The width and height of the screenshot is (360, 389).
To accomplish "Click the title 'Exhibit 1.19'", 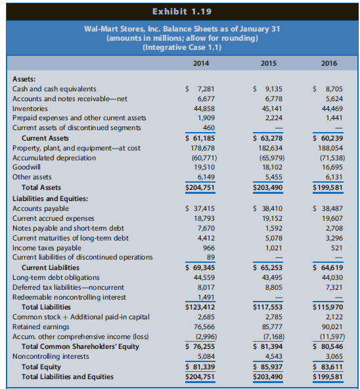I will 179,11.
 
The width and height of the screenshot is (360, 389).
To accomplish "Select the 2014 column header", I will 201,64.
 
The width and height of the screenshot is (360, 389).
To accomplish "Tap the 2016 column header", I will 330,64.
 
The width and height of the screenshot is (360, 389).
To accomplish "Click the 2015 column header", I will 265,64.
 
